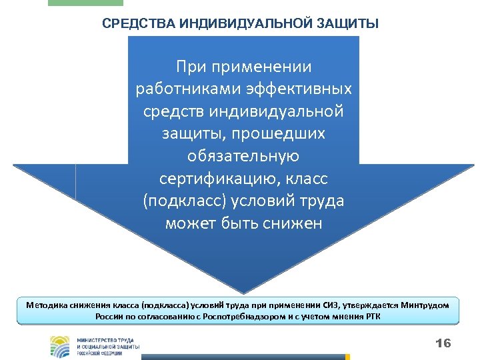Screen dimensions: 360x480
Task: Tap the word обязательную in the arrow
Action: coord(243,156)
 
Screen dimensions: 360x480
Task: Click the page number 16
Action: coord(443,343)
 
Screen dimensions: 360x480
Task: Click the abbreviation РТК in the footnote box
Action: coord(374,316)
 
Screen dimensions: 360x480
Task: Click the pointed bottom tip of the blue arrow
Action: coord(244,291)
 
